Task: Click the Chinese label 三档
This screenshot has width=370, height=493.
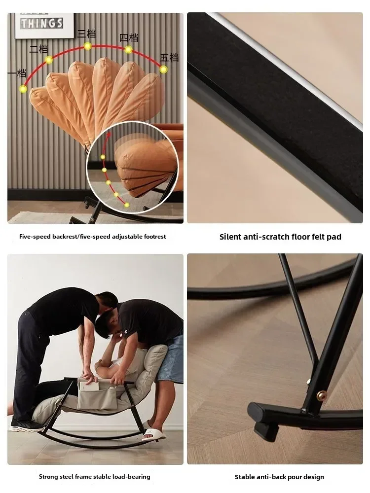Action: (x=86, y=34)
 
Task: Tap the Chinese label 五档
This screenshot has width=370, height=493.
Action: (x=169, y=58)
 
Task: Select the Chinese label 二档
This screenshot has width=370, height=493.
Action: (x=38, y=49)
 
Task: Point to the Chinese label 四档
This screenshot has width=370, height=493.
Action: (x=129, y=38)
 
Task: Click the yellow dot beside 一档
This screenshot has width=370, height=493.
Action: (x=23, y=89)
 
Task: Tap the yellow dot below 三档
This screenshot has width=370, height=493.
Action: (x=88, y=46)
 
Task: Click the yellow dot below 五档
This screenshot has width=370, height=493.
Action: (x=163, y=70)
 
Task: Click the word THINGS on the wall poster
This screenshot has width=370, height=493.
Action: (x=42, y=23)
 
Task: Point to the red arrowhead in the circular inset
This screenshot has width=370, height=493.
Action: (x=109, y=135)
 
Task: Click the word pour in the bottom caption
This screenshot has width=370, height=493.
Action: (x=292, y=477)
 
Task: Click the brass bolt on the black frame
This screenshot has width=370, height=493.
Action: (x=322, y=393)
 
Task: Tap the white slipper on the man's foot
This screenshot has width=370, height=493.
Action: (x=153, y=435)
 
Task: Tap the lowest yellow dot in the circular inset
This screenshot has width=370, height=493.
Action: (x=126, y=205)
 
